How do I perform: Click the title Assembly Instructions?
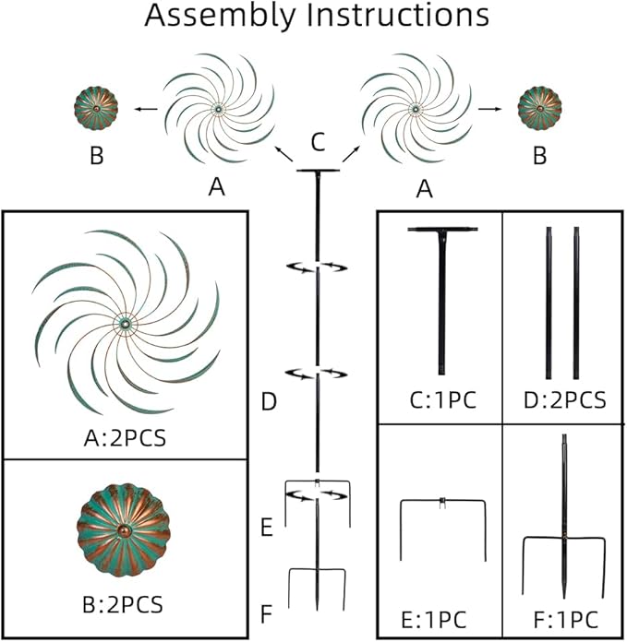(317, 17)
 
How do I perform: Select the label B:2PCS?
(123, 605)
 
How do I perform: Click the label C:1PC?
(440, 401)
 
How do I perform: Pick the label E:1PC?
(440, 616)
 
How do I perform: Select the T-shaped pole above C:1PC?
(440, 295)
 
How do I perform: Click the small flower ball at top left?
(94, 110)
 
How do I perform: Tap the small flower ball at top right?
(537, 109)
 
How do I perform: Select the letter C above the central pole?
(317, 142)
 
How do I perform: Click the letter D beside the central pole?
(269, 402)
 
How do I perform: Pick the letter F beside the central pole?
(267, 612)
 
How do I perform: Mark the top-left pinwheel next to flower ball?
(218, 109)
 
